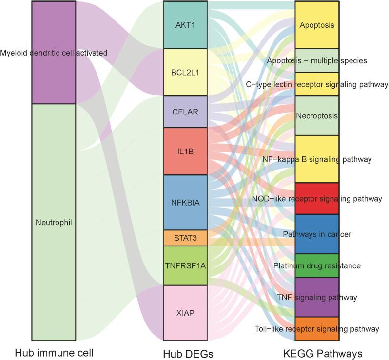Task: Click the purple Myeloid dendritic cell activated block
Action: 53,53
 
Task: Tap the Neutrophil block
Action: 53,222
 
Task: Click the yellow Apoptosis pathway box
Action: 317,24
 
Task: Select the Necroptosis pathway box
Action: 317,116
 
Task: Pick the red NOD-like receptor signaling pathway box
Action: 317,199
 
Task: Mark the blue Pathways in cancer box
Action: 317,234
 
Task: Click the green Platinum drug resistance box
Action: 317,265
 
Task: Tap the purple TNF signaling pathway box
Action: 317,297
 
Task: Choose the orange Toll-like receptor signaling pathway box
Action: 317,328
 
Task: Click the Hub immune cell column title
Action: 53,352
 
